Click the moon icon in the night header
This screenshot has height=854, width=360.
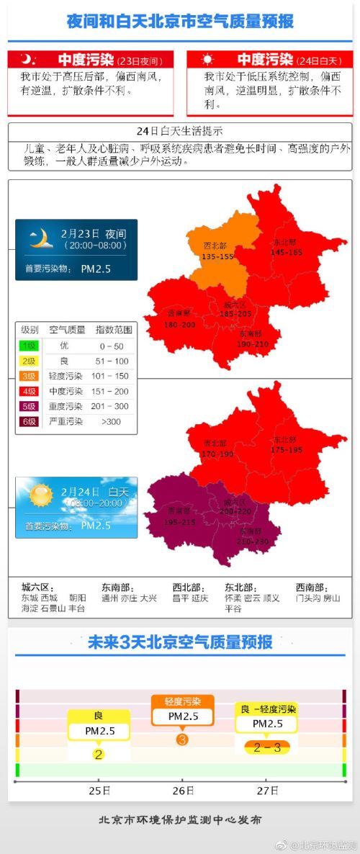27,60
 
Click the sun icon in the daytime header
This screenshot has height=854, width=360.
207,60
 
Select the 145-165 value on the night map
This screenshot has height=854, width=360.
287,252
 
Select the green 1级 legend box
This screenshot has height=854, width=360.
30,346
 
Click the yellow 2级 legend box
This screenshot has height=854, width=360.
30,361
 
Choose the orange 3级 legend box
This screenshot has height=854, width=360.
30,376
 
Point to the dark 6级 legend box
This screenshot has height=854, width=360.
30,421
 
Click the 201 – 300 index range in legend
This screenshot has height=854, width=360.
114,406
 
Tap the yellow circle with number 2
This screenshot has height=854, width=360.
99,754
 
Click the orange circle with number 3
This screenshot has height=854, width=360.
182,739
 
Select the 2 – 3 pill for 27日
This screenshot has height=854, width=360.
267,747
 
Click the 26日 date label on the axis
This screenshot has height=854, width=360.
183,791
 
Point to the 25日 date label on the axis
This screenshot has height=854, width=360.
99,791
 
